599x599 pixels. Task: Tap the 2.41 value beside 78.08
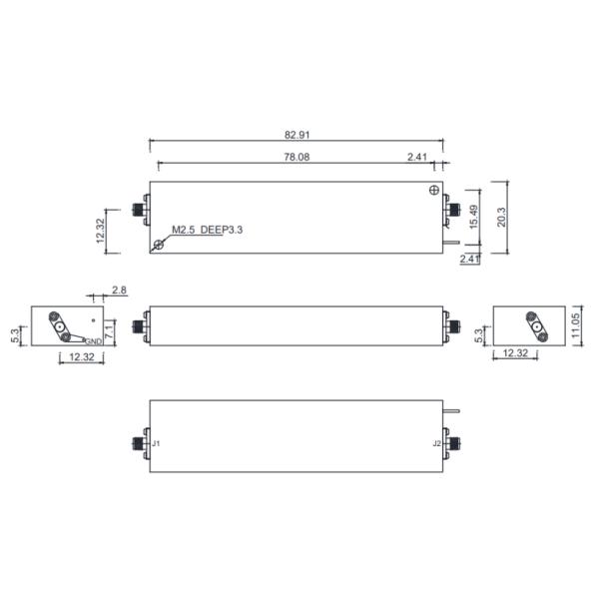[x=418, y=156]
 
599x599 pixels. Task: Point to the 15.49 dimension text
[x=477, y=218]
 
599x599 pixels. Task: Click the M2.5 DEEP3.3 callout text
[x=207, y=230]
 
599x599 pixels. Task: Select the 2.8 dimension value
[x=119, y=290]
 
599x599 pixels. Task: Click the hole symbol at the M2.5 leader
[x=158, y=245]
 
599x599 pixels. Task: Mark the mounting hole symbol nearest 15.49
[x=432, y=191]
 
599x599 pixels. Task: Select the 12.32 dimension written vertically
[x=101, y=231]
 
